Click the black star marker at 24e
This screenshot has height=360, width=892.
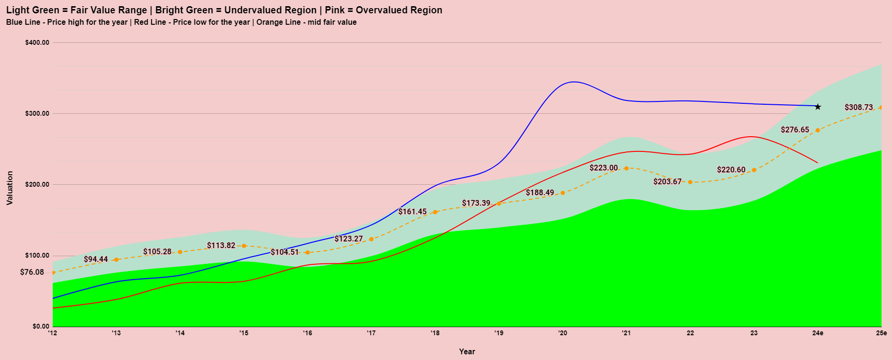(x=818, y=107)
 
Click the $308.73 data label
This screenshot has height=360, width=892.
(x=859, y=107)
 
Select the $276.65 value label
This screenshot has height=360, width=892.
(x=795, y=130)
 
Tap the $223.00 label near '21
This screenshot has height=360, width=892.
(x=603, y=168)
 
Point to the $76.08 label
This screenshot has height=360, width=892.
(x=32, y=272)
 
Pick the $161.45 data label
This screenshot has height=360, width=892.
(x=412, y=211)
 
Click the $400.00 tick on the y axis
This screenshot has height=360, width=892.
(x=37, y=42)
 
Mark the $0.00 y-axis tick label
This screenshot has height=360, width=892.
(x=40, y=326)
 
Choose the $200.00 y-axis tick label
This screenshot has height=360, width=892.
(x=37, y=184)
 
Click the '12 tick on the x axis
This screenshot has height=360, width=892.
(x=52, y=333)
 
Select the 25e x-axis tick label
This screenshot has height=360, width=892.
(x=882, y=333)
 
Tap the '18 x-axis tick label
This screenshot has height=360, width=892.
(x=435, y=333)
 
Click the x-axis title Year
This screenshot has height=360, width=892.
(x=467, y=351)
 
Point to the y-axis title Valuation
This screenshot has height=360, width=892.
(x=10, y=188)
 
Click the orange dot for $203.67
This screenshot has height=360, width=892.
(x=690, y=182)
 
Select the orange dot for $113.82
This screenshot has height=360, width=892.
(x=244, y=246)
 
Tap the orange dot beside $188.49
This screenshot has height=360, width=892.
(x=562, y=193)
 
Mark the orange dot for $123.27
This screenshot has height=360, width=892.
(x=371, y=239)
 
